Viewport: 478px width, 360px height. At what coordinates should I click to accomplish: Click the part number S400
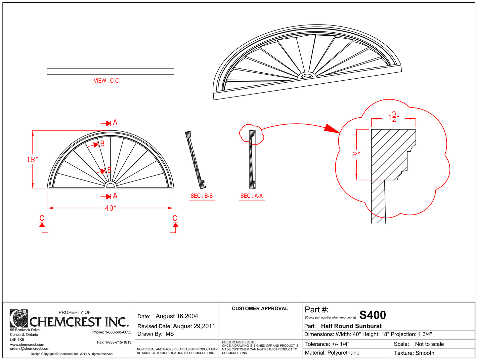372,315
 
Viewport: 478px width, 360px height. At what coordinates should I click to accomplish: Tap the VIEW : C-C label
106,81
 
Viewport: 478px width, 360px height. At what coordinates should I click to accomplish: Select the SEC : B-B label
201,196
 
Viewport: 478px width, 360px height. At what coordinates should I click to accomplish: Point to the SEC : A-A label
251,196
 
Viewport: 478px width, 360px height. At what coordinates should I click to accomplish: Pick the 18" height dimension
32,159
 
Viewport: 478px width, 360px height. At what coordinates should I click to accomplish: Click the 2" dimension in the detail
356,154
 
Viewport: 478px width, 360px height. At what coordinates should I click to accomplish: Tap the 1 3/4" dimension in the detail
394,118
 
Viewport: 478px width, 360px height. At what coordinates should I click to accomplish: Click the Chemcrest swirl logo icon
19,318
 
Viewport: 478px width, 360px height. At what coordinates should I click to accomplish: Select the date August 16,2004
177,316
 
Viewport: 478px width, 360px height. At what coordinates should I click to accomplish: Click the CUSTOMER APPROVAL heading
260,308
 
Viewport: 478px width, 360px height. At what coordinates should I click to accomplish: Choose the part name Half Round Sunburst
351,326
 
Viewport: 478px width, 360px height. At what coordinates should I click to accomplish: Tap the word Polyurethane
343,353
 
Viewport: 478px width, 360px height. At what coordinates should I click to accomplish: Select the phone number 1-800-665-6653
118,332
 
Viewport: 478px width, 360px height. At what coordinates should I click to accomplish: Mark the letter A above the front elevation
115,123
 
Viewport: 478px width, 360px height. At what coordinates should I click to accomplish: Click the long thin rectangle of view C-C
110,71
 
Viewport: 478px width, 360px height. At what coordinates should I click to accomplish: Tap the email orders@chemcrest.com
29,348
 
